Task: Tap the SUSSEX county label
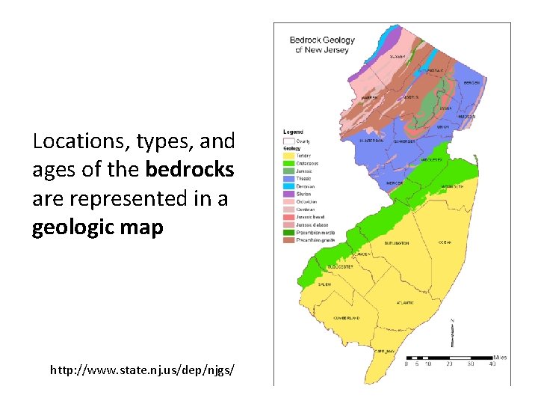pos(398,57)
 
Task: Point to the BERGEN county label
pos(471,83)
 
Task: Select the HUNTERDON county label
pos(371,140)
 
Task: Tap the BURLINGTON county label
pos(397,243)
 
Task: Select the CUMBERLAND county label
pos(347,317)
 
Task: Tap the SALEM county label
pos(324,284)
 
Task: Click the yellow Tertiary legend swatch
pos(288,156)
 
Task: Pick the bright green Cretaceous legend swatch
pos(288,163)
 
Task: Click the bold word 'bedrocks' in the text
pos(191,170)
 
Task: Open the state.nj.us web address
pos(143,370)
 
